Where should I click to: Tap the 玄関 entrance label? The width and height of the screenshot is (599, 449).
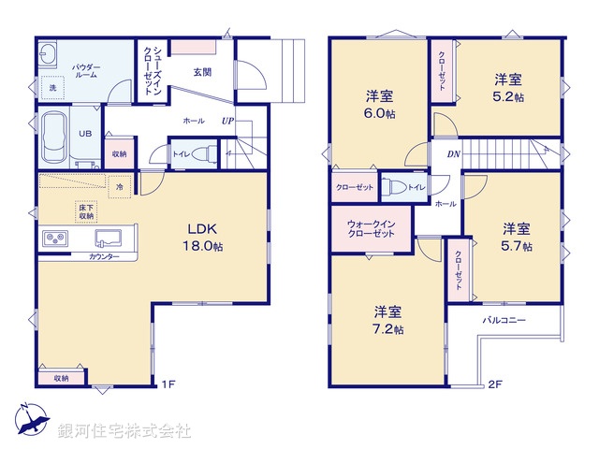point(201,71)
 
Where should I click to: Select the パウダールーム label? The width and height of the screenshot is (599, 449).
point(86,74)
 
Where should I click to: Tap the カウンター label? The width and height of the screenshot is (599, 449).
point(104,256)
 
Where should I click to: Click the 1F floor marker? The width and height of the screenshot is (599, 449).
point(168,384)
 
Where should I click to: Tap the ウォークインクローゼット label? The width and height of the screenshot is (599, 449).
point(372,229)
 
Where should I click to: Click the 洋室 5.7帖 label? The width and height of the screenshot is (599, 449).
point(515,237)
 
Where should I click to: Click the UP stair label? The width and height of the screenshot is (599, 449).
point(227,121)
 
